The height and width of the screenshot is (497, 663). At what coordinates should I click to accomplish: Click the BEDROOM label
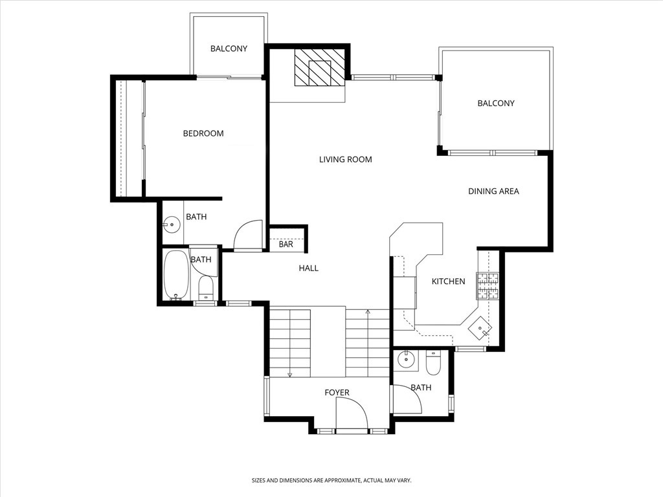coord(203,133)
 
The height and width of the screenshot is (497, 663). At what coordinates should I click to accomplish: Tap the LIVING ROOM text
coord(345,159)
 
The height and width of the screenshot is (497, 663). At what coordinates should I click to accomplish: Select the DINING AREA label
coord(493,191)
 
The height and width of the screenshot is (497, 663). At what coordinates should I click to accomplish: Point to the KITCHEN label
coord(448,282)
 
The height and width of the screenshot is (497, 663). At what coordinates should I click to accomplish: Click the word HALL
coord(308,268)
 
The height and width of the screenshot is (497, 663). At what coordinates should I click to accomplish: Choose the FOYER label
coord(337,393)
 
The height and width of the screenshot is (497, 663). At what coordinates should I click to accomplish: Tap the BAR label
coord(286,245)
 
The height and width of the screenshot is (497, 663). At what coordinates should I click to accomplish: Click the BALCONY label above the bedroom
coord(229,49)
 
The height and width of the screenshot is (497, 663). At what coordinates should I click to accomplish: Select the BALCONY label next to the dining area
coord(495,103)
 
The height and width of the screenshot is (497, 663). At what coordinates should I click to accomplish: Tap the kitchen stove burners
coord(489,286)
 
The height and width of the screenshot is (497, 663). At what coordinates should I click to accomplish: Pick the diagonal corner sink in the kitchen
coord(480,328)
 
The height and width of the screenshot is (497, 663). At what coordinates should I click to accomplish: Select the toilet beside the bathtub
coord(206,287)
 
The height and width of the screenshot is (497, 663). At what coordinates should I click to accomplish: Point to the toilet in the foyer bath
coord(433,363)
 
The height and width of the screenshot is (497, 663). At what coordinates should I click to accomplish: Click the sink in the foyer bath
coord(407,359)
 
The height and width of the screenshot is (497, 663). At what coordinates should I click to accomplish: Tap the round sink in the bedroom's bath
coord(172,226)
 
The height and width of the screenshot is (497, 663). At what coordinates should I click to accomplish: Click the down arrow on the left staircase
coord(289,373)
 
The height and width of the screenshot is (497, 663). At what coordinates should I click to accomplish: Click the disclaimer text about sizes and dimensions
coord(331,480)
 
